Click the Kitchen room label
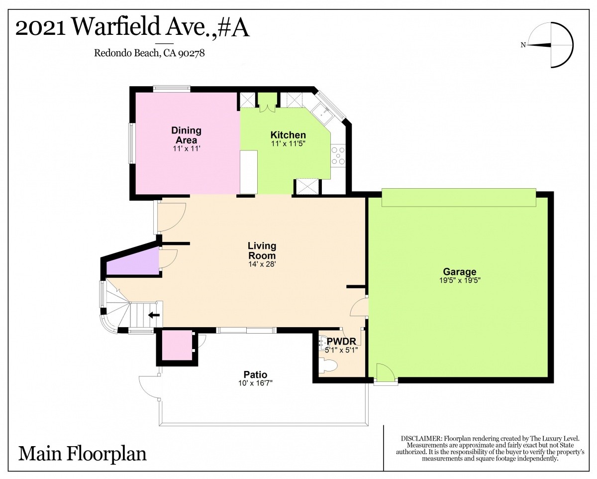click(288, 135)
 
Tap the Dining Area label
click(186, 135)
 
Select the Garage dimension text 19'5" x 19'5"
click(460, 280)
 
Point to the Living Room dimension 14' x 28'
click(262, 264)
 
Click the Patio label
click(255, 374)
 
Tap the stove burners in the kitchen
click(338, 155)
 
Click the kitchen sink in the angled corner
click(323, 114)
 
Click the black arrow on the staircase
click(154, 315)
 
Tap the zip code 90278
click(191, 53)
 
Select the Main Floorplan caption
click(83, 454)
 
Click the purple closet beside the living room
click(133, 262)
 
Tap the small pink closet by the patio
click(177, 345)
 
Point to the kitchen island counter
click(249, 172)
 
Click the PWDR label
click(341, 341)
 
